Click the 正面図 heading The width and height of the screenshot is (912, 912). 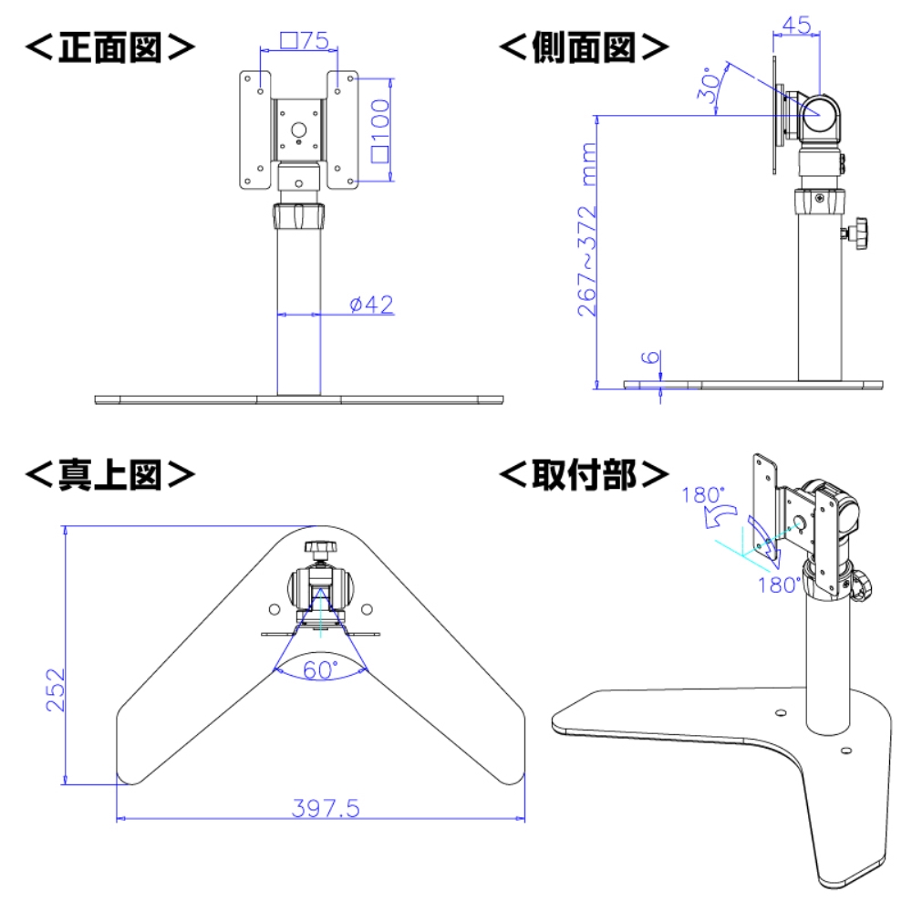[109, 47]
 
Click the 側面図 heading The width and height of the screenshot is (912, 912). [584, 47]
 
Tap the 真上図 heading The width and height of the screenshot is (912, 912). [109, 473]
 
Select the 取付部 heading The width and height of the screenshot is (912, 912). [584, 473]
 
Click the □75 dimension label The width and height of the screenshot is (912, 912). [304, 40]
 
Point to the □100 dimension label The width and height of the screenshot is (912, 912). [379, 129]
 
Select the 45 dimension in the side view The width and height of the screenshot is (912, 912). [795, 26]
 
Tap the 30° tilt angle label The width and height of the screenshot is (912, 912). [712, 88]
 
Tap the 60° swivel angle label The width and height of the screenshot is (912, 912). [320, 669]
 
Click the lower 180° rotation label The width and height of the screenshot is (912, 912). [779, 585]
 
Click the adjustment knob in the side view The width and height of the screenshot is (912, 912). [858, 233]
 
